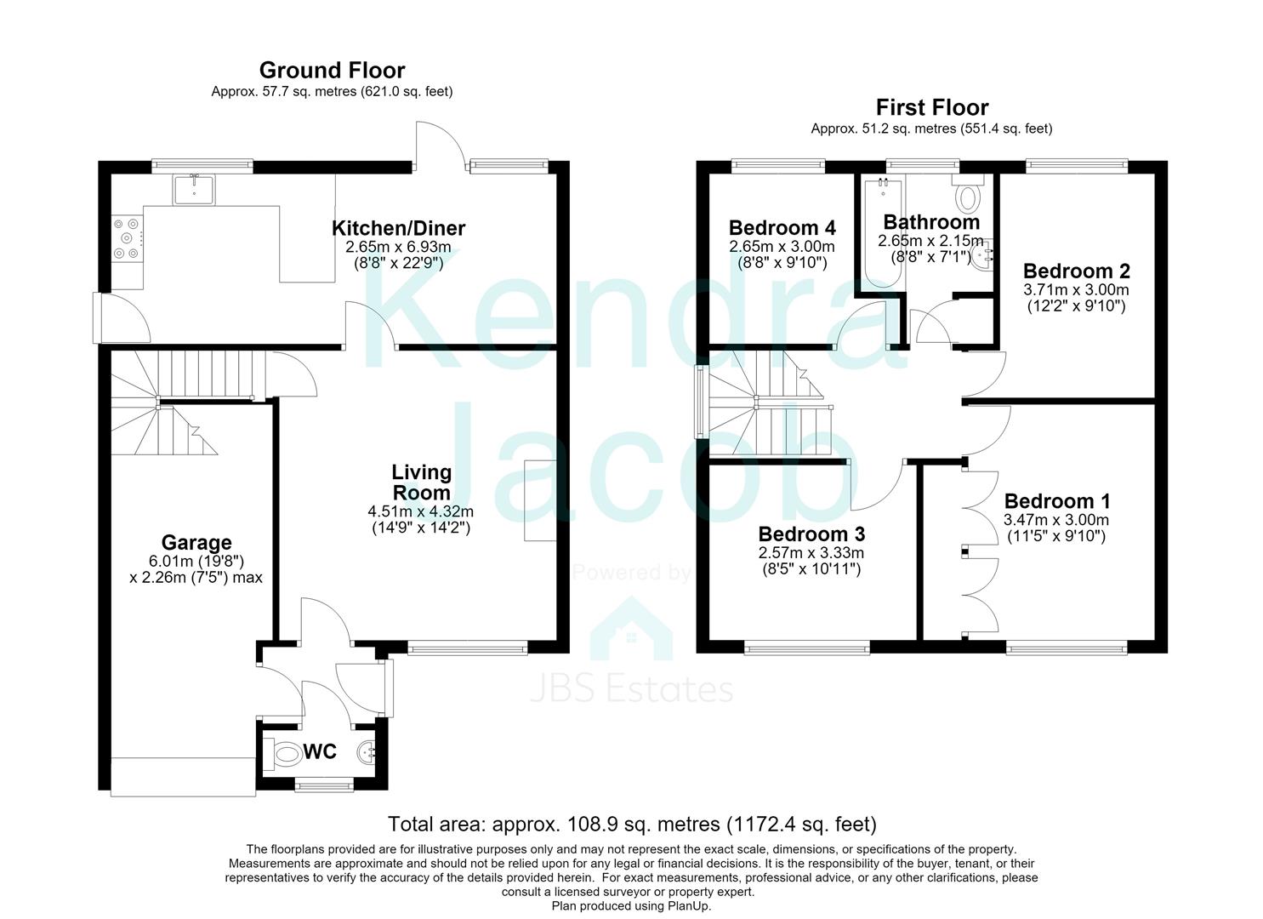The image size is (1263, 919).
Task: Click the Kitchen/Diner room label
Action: tap(398, 229)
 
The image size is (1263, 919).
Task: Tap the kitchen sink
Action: tap(194, 190)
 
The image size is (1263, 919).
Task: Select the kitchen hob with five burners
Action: tap(128, 238)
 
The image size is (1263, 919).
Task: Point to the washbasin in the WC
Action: tap(367, 752)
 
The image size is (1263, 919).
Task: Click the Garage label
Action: tap(196, 542)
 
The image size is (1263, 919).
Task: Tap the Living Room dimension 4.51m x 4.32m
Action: tap(421, 511)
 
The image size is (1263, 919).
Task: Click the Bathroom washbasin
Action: tap(982, 257)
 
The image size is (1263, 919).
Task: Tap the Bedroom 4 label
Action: tap(782, 228)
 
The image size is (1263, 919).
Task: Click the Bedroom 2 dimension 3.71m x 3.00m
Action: tap(1076, 290)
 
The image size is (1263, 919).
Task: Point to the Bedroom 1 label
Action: tap(1056, 501)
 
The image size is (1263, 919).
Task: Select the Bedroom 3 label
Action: tap(811, 534)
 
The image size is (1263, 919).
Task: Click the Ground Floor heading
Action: tap(332, 71)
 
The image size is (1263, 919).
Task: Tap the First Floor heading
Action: tap(932, 107)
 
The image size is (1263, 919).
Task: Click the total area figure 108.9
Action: tap(583, 825)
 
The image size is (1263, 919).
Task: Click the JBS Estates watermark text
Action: tap(631, 689)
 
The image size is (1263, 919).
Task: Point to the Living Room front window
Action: tap(467, 648)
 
